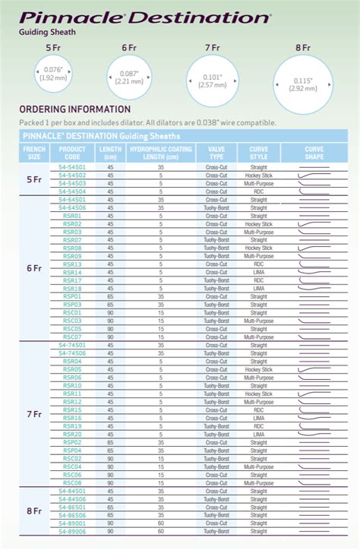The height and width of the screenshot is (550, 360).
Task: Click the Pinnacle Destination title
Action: coord(144,16)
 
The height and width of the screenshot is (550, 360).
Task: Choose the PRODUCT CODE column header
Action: coord(72,153)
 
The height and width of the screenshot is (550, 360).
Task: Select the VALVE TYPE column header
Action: coord(216,153)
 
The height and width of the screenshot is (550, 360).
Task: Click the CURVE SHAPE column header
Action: coord(314,153)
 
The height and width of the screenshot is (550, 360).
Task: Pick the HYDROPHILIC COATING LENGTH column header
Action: coord(160,153)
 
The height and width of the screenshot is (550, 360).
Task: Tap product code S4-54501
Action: coord(72,167)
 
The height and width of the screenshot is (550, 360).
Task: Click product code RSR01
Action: coord(72,216)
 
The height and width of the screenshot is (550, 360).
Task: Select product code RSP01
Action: coord(72,296)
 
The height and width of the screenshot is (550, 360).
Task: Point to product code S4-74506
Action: coord(72,353)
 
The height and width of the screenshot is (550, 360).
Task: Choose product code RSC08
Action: coord(72,483)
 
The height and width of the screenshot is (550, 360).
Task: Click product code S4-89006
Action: coord(72,531)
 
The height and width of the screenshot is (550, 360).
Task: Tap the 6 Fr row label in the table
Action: coord(34,268)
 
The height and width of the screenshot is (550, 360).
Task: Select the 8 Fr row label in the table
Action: coord(34,511)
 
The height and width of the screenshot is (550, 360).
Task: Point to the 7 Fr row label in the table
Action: coord(34,414)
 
